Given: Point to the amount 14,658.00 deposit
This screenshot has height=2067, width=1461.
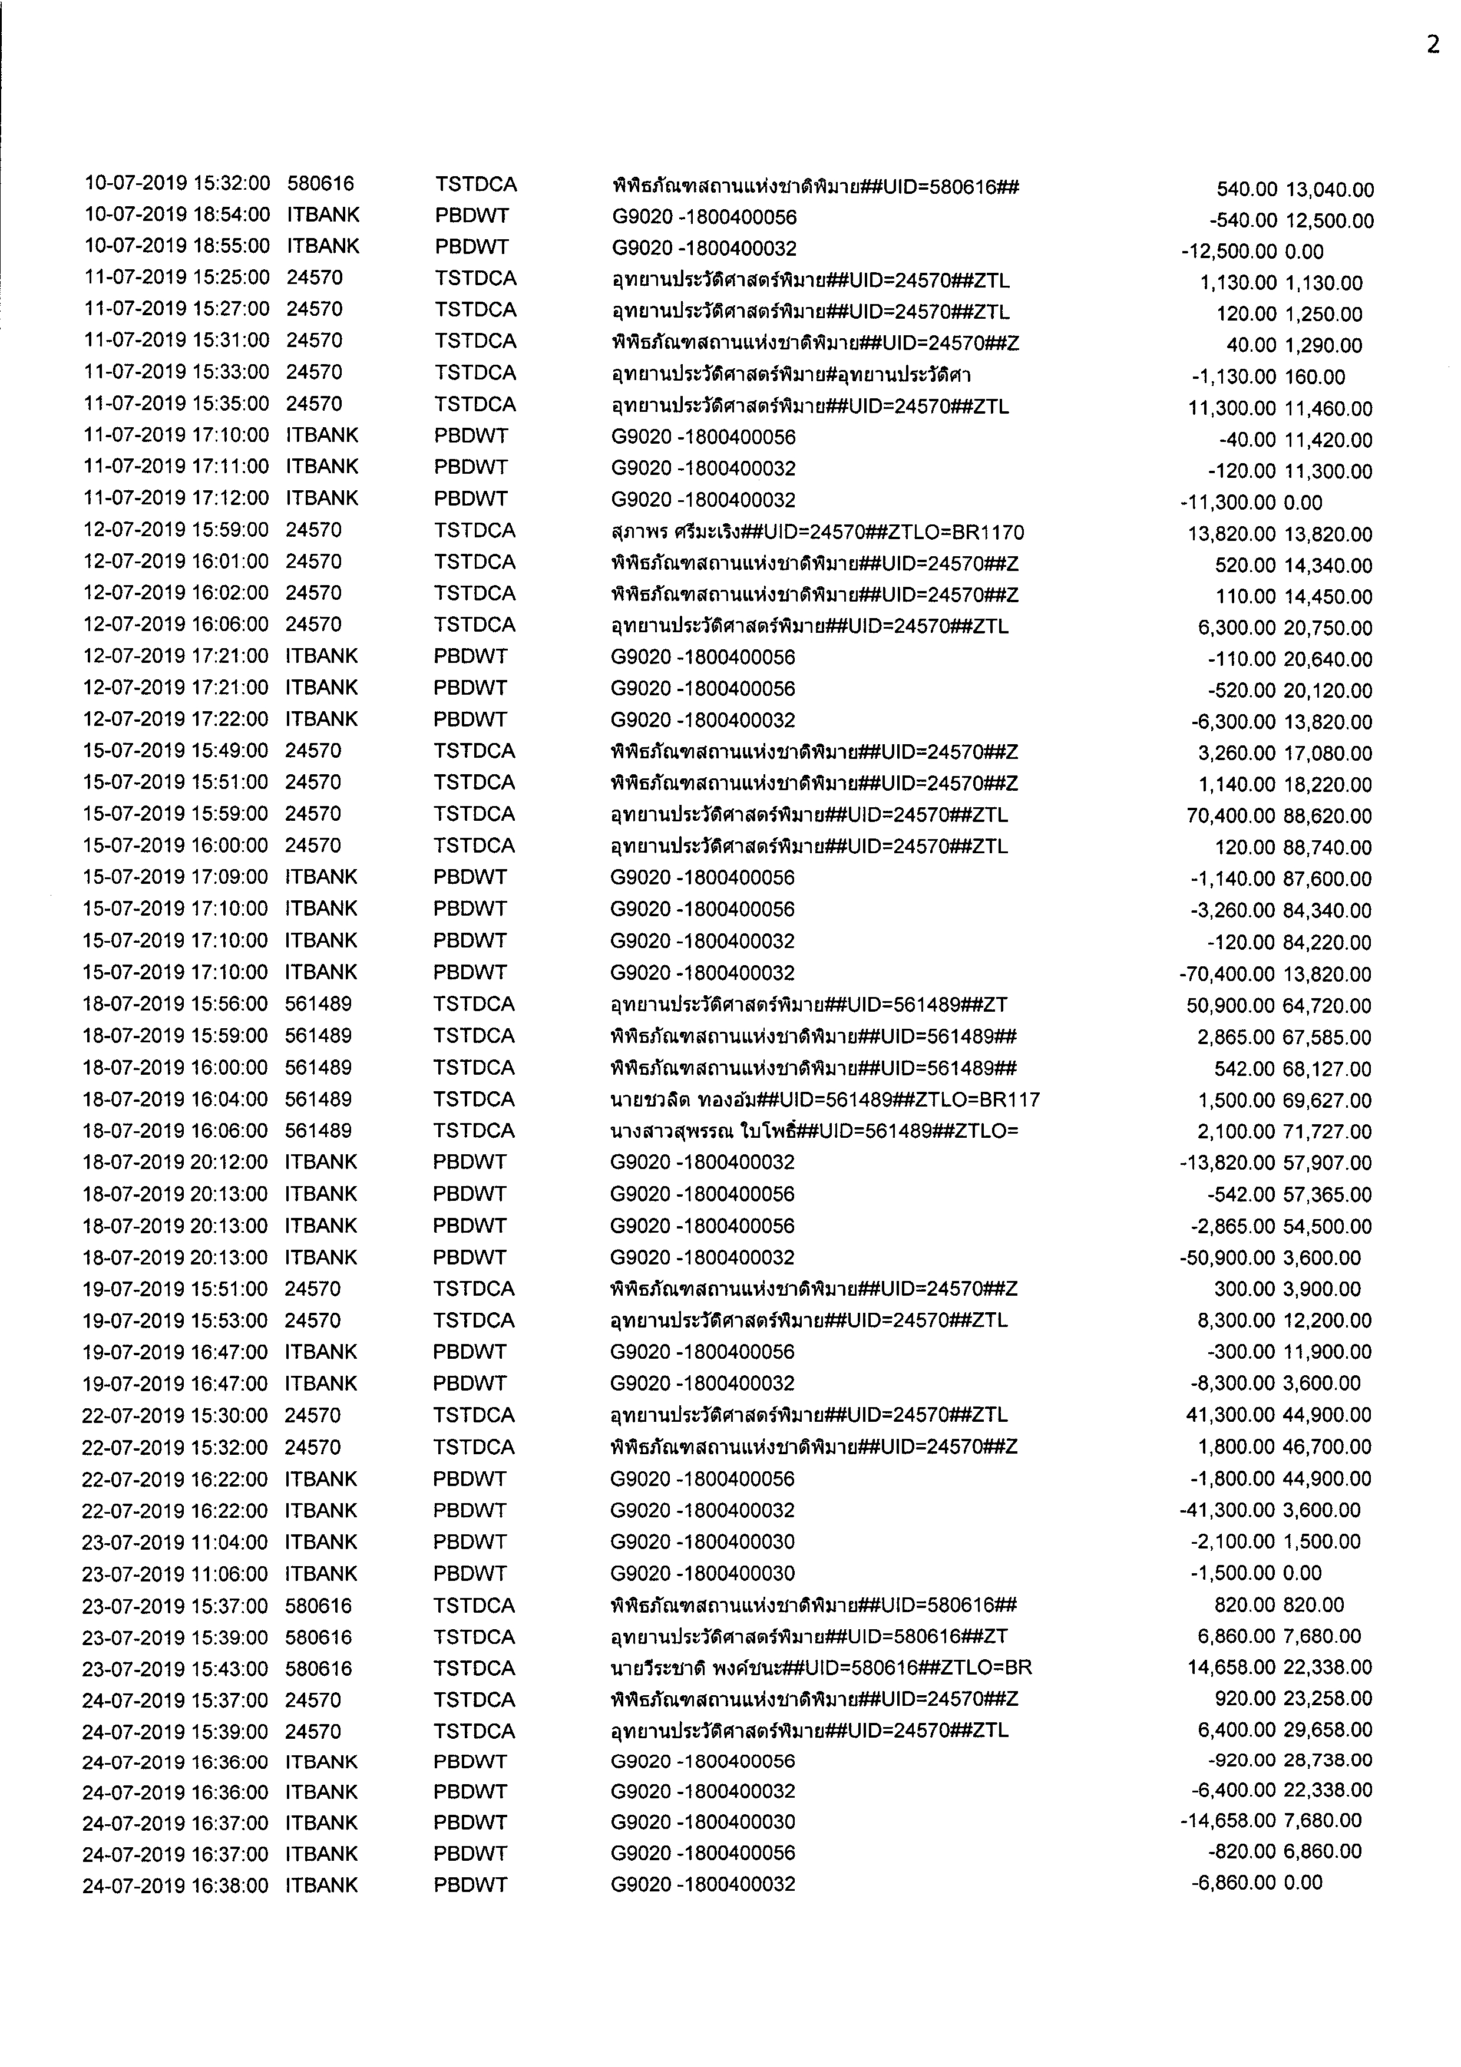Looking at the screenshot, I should coord(1231,1668).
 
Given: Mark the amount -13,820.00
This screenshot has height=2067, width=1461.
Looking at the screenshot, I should coord(1227,1163).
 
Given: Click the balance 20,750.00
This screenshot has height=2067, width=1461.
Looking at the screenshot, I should coord(1328,628).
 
